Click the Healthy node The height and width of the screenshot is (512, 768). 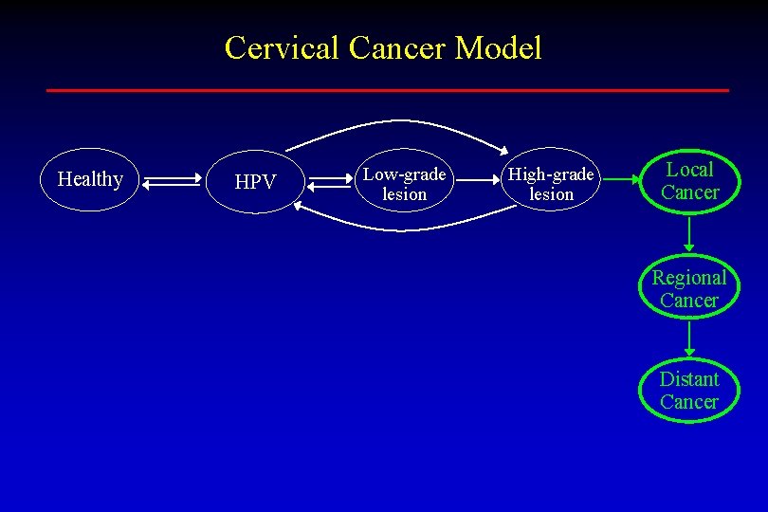90,179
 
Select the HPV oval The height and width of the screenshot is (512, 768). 254,181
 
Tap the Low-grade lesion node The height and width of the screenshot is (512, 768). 405,184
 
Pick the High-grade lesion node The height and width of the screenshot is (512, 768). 551,184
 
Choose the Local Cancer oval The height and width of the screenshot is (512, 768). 689,181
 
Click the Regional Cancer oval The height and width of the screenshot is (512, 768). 689,288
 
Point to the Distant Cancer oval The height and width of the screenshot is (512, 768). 689,390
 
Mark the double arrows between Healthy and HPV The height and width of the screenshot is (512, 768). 174,180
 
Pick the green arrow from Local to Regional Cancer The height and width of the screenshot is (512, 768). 689,233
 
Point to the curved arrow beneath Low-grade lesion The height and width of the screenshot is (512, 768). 398,228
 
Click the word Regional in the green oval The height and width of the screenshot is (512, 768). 689,278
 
